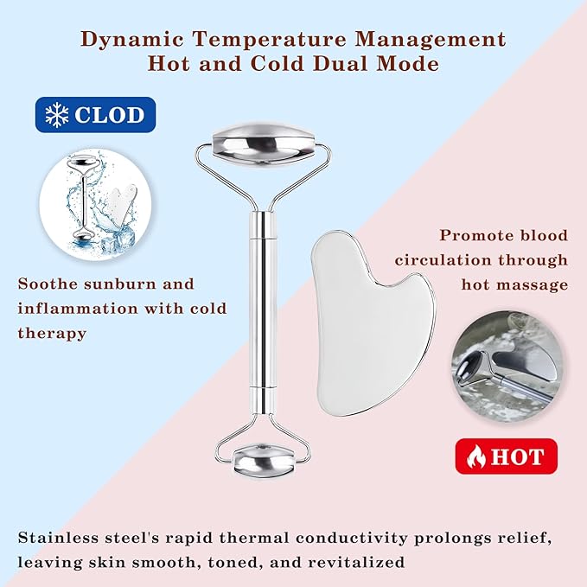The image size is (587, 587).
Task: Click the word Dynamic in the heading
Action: point(132,40)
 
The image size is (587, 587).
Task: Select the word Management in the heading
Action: point(431,39)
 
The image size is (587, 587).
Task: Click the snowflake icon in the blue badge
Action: point(56,115)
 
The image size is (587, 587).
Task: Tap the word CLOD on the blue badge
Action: point(109,115)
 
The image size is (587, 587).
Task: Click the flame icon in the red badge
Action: point(476,456)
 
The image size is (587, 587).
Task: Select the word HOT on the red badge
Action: point(517,456)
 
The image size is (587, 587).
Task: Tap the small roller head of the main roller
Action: point(263,460)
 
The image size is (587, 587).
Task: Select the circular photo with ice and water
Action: point(95,204)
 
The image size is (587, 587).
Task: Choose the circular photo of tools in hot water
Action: point(508,367)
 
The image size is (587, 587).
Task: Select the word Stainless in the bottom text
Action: point(57,538)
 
